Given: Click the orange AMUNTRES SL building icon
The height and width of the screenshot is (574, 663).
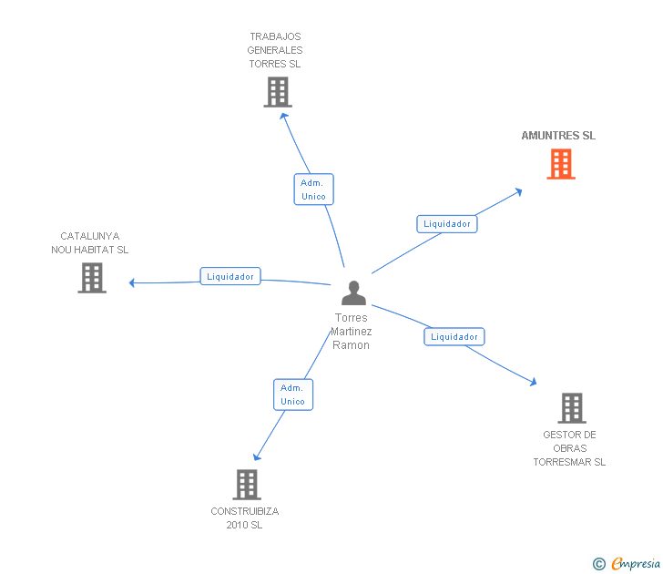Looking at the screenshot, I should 561,164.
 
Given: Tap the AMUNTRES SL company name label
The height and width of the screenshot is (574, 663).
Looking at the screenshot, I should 558,136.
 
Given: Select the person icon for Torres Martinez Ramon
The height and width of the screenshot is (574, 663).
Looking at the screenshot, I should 353,292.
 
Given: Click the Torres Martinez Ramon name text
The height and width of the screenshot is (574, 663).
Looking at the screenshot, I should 351,332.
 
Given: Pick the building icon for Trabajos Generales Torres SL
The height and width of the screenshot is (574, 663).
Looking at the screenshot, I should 278,92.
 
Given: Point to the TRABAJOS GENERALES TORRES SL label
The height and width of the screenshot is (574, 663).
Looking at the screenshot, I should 275,50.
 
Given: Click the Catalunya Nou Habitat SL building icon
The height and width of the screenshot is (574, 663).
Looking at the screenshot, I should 92,278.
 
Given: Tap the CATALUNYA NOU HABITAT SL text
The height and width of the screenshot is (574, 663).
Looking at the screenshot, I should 90,242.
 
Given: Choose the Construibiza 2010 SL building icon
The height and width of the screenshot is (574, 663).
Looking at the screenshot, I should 247,485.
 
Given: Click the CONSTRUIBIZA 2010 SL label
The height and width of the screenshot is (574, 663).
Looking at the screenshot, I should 245,518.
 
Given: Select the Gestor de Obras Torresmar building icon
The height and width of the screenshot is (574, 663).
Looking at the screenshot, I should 571,408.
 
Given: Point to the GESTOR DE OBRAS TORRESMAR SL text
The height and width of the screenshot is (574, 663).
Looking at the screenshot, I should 569,448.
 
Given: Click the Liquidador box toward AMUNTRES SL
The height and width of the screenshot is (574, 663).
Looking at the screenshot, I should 447,223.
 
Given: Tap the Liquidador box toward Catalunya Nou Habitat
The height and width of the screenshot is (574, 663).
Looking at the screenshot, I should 230,276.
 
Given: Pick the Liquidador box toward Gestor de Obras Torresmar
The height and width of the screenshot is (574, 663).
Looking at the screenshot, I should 454,336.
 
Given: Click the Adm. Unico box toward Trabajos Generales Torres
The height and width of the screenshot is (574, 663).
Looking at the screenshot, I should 313,190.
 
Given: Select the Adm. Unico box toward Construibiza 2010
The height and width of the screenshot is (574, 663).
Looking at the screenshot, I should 293,395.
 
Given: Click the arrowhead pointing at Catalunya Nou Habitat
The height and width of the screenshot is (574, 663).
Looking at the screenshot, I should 132,282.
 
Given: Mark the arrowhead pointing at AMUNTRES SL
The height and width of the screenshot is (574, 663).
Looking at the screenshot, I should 518,191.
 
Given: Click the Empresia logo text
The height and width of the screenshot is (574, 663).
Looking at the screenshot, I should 635,564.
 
